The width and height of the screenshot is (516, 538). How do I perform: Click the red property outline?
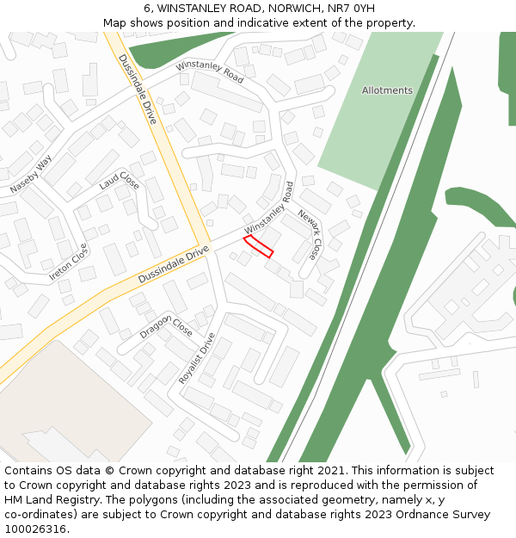point(259,246)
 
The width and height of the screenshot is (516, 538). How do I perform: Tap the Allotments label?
point(387,90)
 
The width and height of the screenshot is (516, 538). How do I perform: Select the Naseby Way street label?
point(31,174)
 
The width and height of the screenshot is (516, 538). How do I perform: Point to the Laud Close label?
point(119,181)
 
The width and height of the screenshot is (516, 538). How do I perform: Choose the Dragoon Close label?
point(166,327)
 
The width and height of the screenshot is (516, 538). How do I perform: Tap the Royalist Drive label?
point(196,357)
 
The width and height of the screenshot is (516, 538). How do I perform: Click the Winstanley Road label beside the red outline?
point(269,207)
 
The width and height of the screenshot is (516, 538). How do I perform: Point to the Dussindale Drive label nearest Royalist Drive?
point(174,265)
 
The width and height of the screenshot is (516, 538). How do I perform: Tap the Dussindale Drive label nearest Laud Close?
point(138,90)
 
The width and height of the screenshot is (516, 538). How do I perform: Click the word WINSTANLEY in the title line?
point(187,9)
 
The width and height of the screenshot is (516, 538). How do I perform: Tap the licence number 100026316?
point(35,529)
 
